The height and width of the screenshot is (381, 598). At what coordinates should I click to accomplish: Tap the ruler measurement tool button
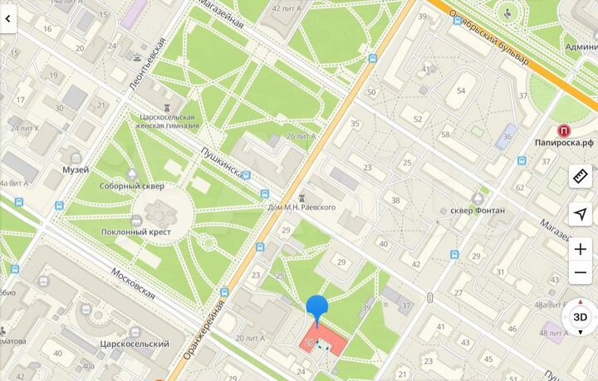(x=581, y=176)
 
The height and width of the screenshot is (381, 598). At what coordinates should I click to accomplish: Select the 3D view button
(x=581, y=317)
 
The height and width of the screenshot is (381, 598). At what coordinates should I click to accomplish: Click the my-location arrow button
(x=581, y=214)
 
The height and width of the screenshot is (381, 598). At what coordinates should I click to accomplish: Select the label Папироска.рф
(x=564, y=142)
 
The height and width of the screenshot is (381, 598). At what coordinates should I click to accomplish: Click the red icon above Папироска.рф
(x=564, y=129)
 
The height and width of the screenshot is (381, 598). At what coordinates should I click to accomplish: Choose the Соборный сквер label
(x=131, y=186)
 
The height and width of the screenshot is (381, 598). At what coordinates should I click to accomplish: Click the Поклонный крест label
(x=137, y=232)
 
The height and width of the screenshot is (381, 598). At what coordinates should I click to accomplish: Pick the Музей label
(x=76, y=169)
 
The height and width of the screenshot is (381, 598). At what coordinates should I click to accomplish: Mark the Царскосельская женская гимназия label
(x=169, y=122)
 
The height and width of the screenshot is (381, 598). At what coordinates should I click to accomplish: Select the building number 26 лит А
(x=300, y=135)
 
